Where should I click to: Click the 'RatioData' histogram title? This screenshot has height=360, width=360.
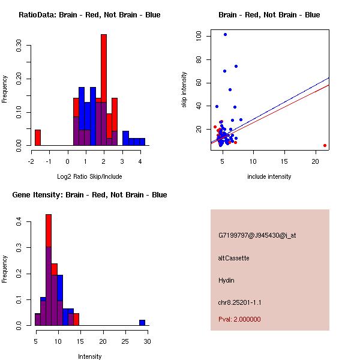tap(89, 14)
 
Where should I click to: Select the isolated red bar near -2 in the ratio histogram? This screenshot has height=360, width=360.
tap(38, 137)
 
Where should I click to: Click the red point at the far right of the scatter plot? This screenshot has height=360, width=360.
tap(325, 145)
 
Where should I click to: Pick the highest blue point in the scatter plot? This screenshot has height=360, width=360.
tap(225, 34)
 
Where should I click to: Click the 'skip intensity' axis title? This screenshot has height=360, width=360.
tap(184, 90)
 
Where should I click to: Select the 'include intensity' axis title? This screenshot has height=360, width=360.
tap(269, 176)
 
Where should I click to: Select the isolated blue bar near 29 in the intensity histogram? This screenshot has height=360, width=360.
tap(142, 322)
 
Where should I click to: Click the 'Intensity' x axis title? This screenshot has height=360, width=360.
tap(90, 356)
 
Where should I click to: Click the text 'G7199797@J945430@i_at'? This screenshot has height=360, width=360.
tap(257, 235)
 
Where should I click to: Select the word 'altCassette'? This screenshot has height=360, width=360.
tap(233, 258)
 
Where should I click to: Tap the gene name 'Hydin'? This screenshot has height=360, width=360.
tap(226, 280)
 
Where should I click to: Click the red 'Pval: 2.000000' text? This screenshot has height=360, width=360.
tap(239, 319)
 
